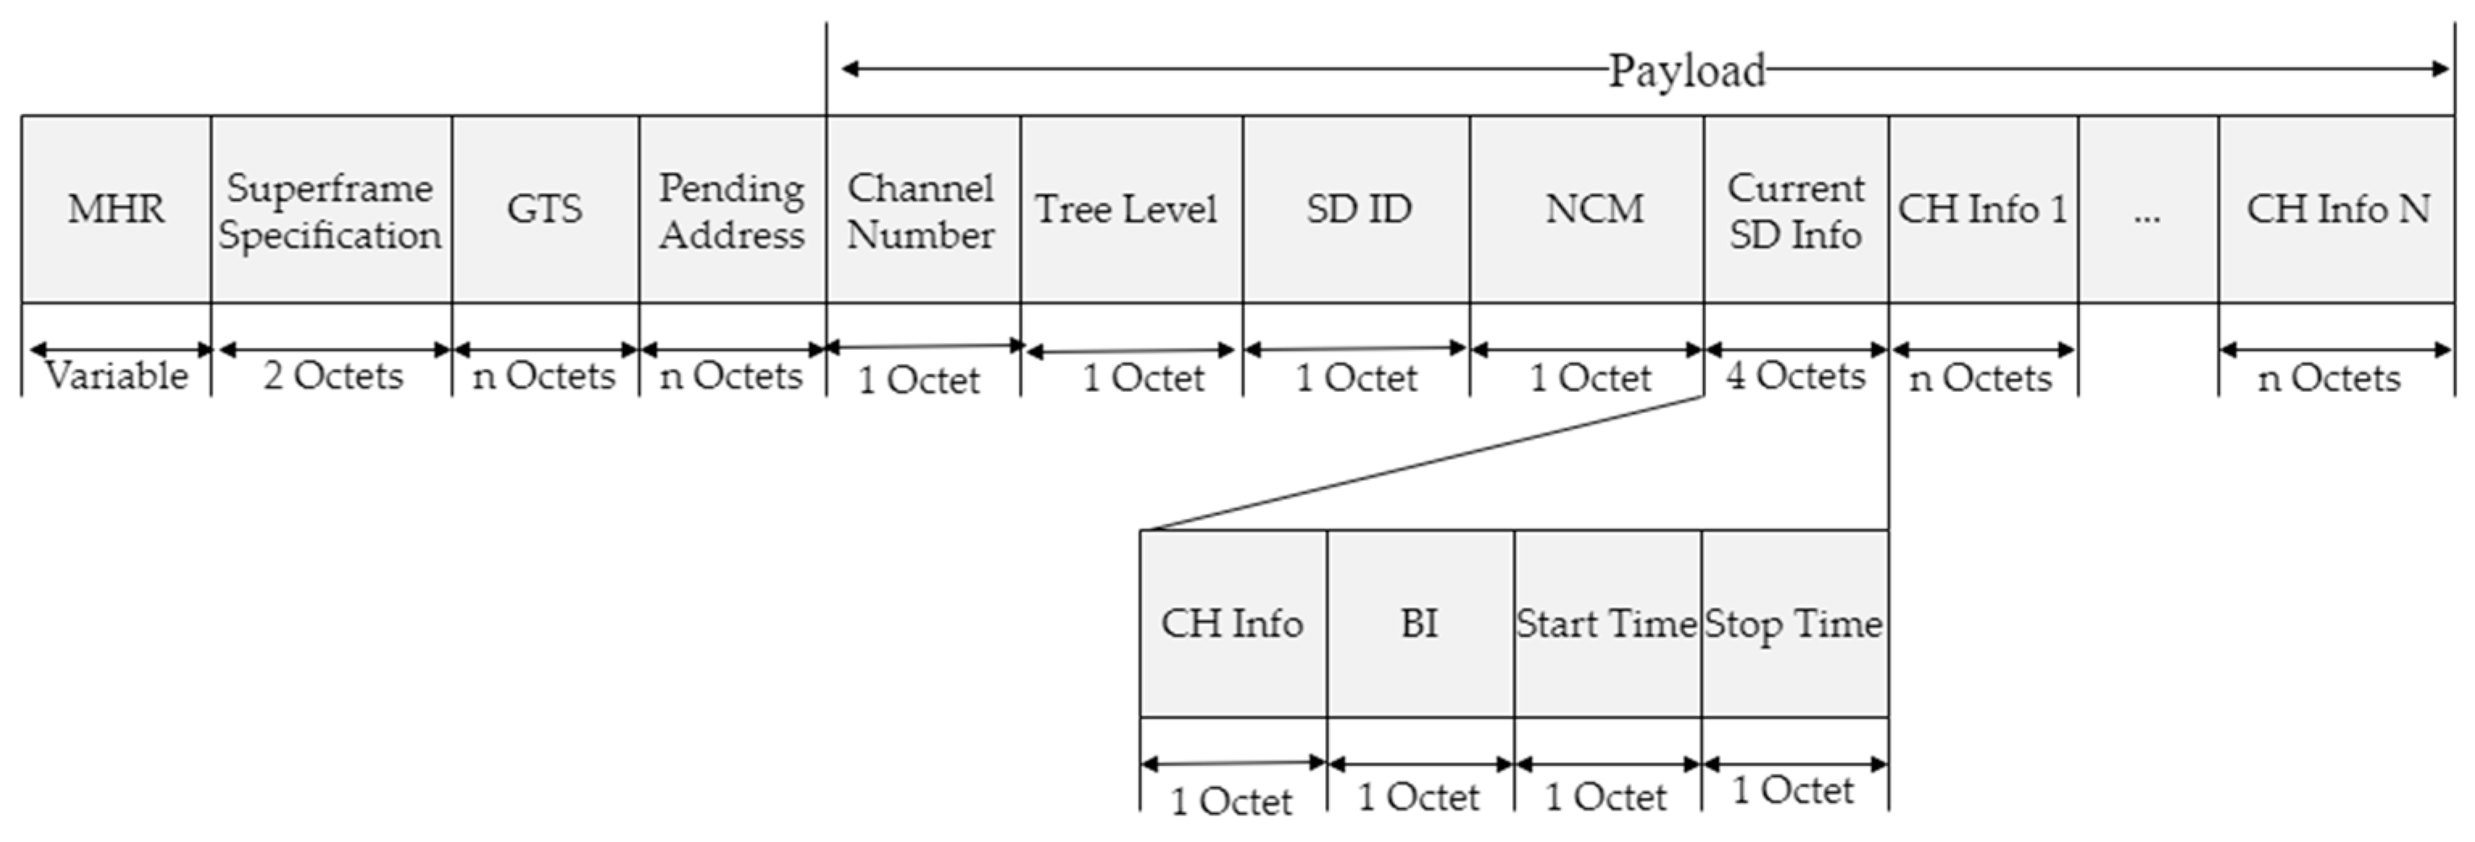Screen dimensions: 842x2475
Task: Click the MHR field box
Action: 116,209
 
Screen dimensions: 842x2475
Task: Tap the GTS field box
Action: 545,209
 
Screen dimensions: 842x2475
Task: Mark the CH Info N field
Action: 2336,209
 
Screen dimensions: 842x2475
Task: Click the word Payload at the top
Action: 1687,70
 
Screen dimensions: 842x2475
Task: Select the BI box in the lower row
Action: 1419,623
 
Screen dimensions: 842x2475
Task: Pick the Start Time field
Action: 1606,623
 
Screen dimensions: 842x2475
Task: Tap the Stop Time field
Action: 1793,623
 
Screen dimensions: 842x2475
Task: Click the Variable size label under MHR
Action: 117,376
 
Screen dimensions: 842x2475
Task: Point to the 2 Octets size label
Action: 332,376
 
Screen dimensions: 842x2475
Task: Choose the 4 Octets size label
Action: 1795,376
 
